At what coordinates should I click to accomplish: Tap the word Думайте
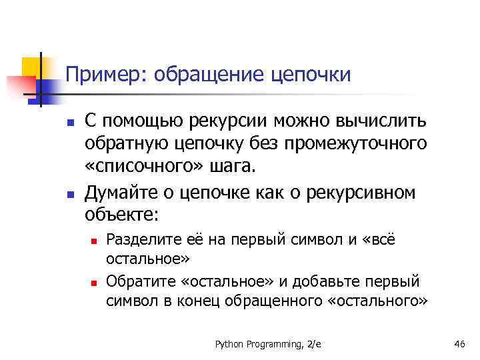[118, 193]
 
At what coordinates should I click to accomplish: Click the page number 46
[459, 343]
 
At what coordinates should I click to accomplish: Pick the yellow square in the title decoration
[31, 67]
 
